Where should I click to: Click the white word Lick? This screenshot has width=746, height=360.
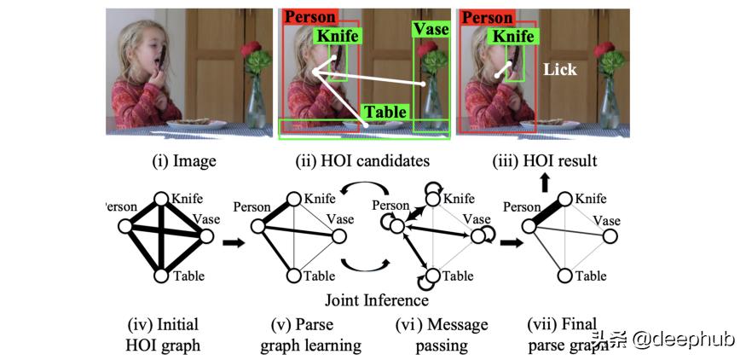click(x=559, y=70)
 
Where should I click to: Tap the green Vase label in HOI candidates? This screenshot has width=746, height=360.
click(x=431, y=30)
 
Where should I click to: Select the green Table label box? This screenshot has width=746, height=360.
click(x=385, y=112)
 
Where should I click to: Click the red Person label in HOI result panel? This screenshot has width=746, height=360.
click(x=488, y=18)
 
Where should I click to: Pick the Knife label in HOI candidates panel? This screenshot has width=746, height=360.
click(x=338, y=37)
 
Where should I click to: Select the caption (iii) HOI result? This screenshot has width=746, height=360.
click(x=545, y=160)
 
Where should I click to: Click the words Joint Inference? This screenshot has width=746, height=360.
click(x=375, y=299)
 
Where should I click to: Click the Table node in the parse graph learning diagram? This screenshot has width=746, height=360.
click(x=295, y=275)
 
